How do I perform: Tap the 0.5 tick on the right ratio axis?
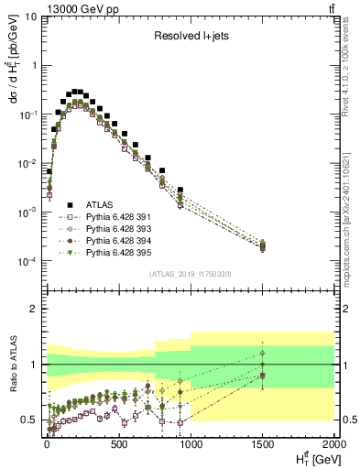[x=345, y=420]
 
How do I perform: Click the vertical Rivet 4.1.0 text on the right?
[x=352, y=64]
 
